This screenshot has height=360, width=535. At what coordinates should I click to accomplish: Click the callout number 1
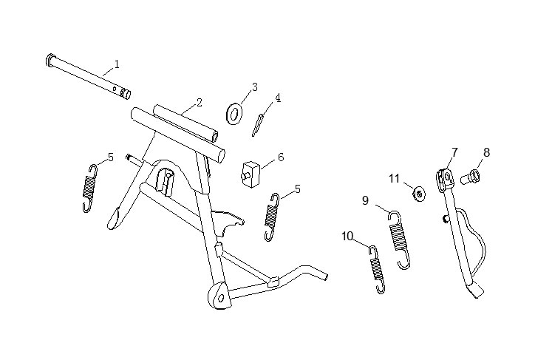117,64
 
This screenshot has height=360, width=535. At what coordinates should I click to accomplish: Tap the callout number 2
200,102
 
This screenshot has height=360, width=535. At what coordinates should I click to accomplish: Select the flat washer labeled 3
234,114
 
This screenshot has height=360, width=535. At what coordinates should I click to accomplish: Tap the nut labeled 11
419,194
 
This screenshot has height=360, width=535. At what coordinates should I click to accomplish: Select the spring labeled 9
400,240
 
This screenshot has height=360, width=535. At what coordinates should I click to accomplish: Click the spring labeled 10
378,269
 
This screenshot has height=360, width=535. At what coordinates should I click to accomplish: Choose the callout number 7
454,152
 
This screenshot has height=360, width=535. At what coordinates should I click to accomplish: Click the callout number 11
395,178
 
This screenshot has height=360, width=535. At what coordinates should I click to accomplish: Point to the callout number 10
347,236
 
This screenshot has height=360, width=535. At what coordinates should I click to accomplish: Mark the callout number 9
366,200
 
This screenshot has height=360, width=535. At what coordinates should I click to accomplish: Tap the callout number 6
281,157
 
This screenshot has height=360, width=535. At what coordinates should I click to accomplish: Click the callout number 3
255,87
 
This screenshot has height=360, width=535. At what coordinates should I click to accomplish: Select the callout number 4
278,98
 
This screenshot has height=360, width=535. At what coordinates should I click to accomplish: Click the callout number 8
486,152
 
